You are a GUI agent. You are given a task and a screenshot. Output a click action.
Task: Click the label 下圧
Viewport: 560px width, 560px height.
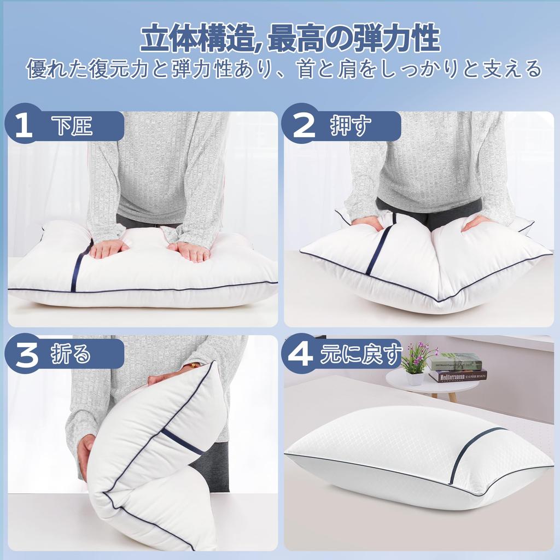74,126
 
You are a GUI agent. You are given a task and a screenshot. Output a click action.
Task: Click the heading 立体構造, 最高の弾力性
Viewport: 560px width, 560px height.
290,39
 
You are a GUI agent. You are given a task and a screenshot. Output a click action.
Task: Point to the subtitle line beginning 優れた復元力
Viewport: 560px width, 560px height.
284,69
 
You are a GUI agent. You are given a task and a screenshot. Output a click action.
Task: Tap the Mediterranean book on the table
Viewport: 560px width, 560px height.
458,376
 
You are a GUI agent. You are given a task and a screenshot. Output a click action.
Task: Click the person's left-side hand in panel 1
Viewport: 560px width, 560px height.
108,249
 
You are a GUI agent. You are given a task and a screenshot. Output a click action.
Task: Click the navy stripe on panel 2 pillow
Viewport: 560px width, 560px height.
380,249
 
